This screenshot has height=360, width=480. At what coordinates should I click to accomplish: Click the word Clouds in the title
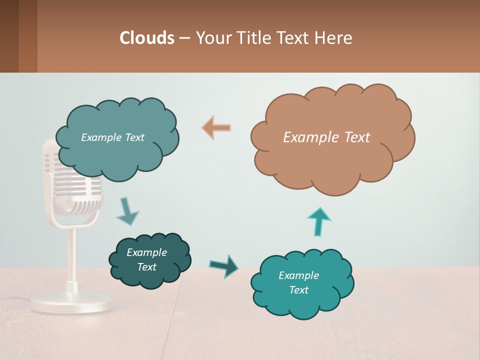pos(147,37)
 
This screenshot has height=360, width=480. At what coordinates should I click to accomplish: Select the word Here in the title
pos(334,37)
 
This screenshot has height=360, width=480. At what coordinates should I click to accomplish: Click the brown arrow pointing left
pos(216,127)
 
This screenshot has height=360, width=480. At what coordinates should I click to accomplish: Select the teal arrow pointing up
pos(319,221)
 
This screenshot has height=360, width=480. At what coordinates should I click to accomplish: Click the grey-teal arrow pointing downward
pos(127,211)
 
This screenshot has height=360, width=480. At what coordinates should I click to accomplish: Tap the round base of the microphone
pos(72,303)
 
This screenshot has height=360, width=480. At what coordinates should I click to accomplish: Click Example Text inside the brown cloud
pos(326,137)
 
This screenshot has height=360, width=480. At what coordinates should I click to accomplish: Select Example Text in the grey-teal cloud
pos(112,137)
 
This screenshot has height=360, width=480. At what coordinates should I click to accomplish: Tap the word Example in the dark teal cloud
pos(146,252)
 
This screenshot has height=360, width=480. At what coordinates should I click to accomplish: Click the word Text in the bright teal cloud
pos(298,290)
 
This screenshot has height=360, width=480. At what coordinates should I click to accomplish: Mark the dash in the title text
pos(184,38)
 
